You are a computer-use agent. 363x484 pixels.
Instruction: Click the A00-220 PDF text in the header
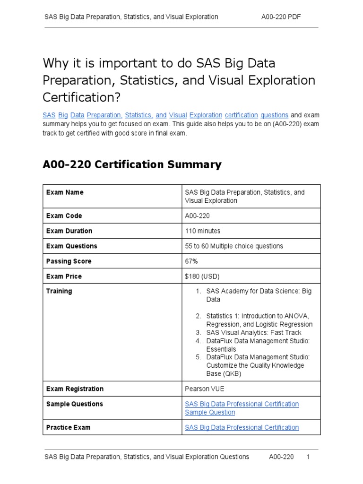pyautogui.click(x=281, y=17)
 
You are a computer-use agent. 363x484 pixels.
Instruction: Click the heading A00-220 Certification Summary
pyautogui.click(x=132, y=164)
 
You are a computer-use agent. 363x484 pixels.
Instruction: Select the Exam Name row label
pyautogui.click(x=65, y=192)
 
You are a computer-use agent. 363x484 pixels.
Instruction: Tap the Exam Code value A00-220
pyautogui.click(x=197, y=216)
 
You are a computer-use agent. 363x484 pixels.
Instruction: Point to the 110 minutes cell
pyautogui.click(x=202, y=231)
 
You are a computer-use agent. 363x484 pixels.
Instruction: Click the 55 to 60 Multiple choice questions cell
pyautogui.click(x=234, y=246)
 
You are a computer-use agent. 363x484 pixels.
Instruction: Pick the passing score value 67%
pyautogui.click(x=191, y=261)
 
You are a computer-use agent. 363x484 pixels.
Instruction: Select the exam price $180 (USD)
pyautogui.click(x=202, y=277)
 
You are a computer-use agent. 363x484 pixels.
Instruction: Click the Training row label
pyautogui.click(x=59, y=292)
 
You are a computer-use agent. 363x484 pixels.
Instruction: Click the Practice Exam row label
pyautogui.click(x=68, y=428)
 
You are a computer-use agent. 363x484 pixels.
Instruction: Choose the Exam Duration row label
pyautogui.click(x=69, y=231)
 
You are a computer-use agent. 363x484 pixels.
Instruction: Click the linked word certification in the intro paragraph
pyautogui.click(x=241, y=115)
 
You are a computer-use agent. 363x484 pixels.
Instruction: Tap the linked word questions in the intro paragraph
pyautogui.click(x=274, y=115)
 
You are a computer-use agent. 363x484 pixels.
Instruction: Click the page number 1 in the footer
pyautogui.click(x=308, y=457)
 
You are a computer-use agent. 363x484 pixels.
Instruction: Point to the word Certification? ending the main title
pyautogui.click(x=82, y=97)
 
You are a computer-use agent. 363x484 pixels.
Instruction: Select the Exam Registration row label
pyautogui.click(x=75, y=389)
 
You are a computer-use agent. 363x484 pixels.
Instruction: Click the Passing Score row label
pyautogui.click(x=69, y=261)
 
